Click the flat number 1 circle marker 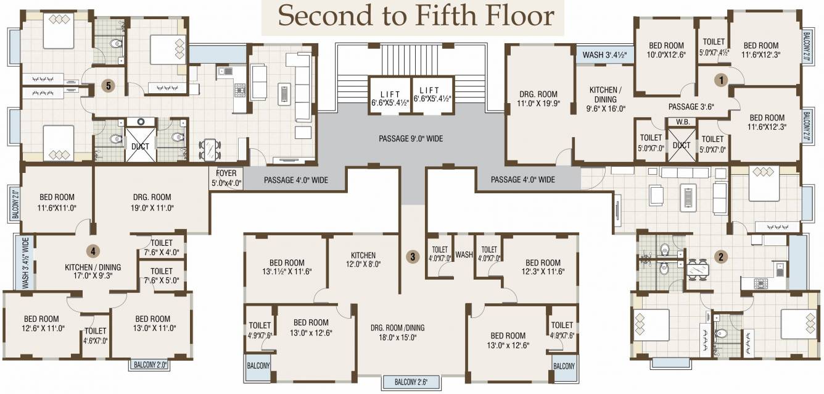click(721, 80)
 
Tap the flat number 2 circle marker click(720, 257)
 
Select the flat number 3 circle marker click(413, 257)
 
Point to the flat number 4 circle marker click(93, 251)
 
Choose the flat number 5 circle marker click(108, 86)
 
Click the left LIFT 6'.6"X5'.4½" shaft click(390, 95)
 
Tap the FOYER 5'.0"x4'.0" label click(226, 178)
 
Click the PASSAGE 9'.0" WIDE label click(411, 138)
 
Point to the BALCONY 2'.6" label click(411, 382)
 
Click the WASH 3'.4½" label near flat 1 click(604, 55)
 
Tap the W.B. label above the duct click(683, 122)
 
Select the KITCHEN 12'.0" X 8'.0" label click(363, 259)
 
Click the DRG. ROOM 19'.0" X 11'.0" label click(152, 202)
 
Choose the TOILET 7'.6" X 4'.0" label click(162, 248)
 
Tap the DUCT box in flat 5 click(140, 145)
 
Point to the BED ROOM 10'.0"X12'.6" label click(666, 50)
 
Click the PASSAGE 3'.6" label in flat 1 click(691, 107)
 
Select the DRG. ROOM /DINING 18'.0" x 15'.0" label click(397, 332)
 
